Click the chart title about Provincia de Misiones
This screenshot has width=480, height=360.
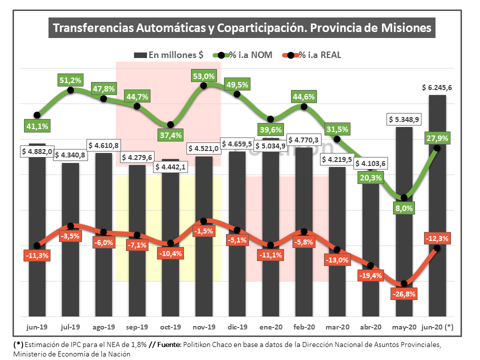[241, 28]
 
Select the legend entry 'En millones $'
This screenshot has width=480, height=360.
[168, 55]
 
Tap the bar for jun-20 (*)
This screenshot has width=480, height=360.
[437, 210]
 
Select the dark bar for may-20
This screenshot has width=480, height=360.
[404, 235]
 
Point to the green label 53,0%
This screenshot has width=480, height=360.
[203, 76]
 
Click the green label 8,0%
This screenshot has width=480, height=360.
[404, 208]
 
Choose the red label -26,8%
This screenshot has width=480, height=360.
[404, 294]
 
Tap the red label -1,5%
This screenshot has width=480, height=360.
[203, 231]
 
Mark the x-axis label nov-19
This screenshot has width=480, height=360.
[203, 327]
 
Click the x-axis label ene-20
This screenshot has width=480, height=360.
[270, 327]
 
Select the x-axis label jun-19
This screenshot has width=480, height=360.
[37, 327]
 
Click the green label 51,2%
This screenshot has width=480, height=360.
[70, 79]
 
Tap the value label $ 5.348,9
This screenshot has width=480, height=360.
[404, 119]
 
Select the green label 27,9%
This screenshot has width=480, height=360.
[437, 137]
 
